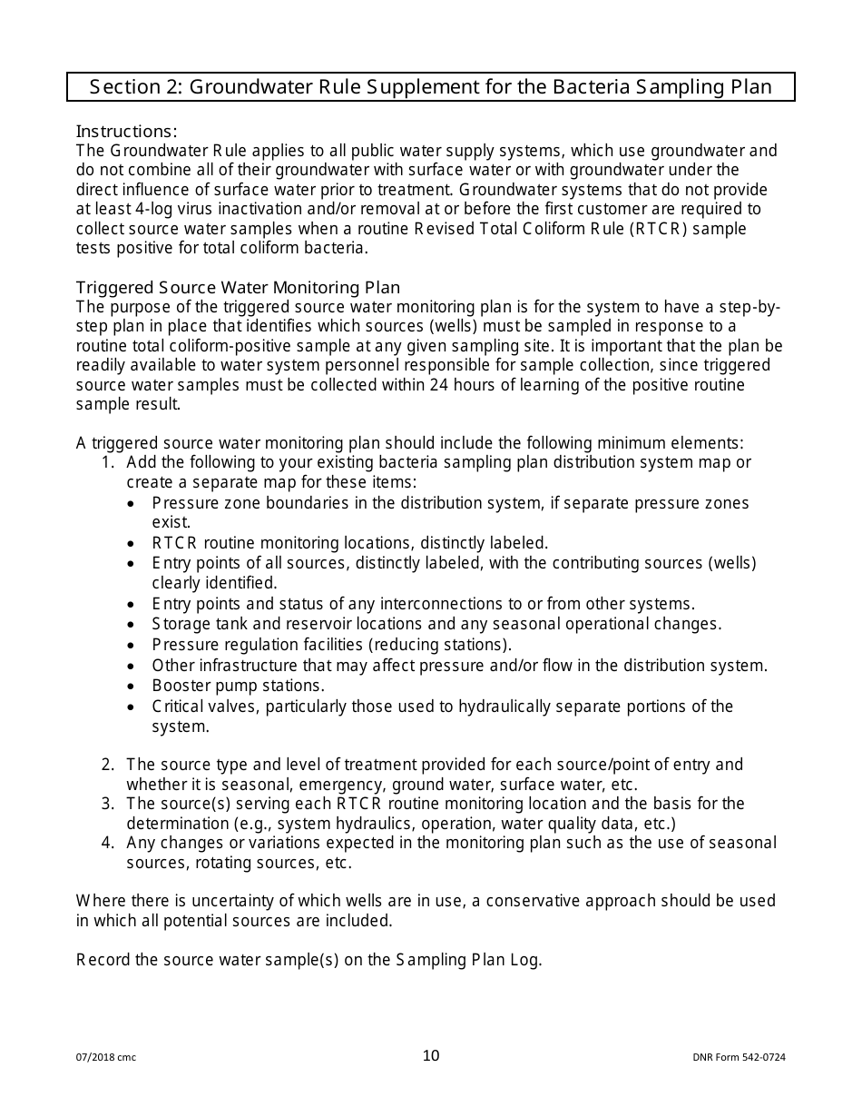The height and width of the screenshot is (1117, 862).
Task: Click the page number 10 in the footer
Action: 431,1055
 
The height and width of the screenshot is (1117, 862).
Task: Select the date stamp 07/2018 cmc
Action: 105,1057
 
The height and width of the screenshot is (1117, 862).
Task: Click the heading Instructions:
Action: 126,131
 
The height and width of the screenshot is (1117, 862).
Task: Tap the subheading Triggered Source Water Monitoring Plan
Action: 238,288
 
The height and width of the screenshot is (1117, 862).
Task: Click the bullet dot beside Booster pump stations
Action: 133,687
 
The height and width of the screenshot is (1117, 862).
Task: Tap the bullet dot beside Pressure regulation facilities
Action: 133,646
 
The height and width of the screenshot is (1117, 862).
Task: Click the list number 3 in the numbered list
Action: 107,804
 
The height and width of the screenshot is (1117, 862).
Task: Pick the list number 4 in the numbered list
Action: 107,843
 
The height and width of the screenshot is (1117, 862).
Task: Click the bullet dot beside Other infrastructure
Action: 133,667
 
